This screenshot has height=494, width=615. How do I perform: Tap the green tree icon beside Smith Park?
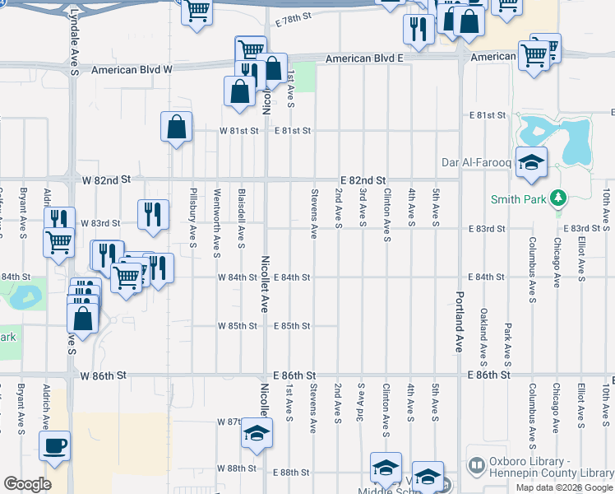(x=558, y=198)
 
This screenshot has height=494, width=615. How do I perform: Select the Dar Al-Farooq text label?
(x=477, y=162)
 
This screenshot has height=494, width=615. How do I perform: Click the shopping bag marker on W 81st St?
(x=176, y=127)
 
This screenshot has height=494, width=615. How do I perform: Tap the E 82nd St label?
(x=363, y=179)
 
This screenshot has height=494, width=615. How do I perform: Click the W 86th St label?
(x=105, y=375)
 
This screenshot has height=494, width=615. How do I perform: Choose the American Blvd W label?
(x=132, y=70)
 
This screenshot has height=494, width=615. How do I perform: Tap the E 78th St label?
(x=296, y=16)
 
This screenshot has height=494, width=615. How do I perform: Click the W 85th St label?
(x=238, y=326)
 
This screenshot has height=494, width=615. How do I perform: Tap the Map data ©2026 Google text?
(x=563, y=487)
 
